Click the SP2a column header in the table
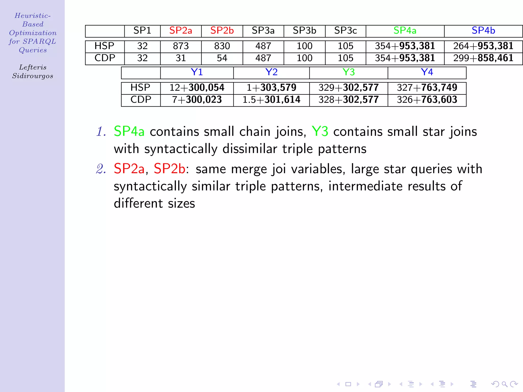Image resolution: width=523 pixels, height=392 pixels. coord(181,31)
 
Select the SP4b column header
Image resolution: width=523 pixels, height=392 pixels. coord(483,31)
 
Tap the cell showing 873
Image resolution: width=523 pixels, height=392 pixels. coord(181,46)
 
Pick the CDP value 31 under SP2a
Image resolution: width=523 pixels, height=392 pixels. coord(181,58)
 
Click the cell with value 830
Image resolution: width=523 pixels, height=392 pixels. coord(222,46)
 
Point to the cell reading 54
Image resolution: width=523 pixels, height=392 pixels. coord(222,58)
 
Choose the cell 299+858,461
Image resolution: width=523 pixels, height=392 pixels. coord(483,58)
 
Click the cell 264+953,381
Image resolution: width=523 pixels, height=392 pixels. coord(483,46)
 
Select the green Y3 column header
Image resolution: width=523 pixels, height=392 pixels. coord(348,72)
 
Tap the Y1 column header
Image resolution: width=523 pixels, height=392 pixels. coord(197,72)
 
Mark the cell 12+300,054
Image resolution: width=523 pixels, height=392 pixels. coord(197,88)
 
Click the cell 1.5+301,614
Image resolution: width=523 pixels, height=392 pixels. coord(271,100)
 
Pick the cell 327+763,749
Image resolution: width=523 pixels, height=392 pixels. coord(427,88)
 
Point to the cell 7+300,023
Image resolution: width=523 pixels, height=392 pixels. coord(197,100)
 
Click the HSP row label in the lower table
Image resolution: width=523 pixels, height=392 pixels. coord(140,88)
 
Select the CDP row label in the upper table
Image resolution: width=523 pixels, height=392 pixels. coord(105,58)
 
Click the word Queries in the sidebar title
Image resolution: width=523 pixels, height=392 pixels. coord(33,50)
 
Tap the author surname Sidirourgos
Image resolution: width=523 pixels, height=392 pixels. coord(33,76)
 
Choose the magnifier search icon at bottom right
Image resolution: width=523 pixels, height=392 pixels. coord(504,384)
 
